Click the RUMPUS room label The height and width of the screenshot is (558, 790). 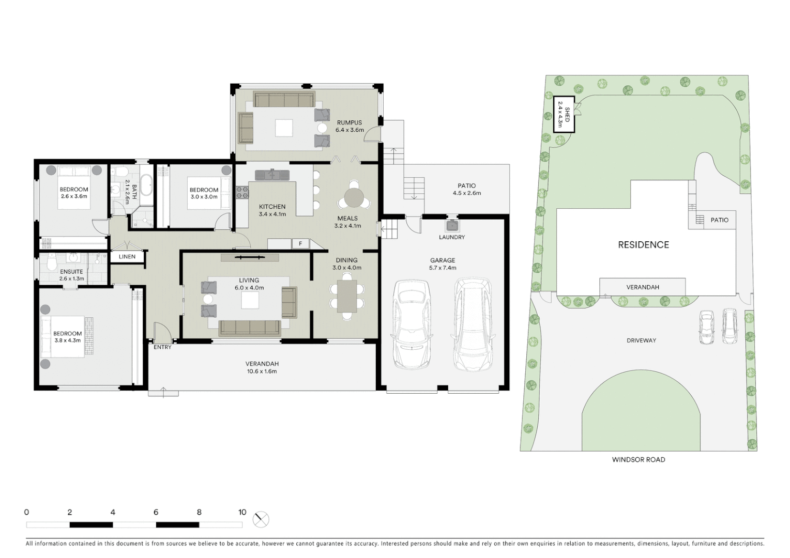coord(350,122)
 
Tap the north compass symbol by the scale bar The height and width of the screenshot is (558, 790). coord(261,519)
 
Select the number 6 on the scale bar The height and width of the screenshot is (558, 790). coord(156,513)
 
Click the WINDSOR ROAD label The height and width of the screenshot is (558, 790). coord(639,459)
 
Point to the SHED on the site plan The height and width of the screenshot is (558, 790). coord(564,115)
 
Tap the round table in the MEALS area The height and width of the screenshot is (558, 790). coord(355,197)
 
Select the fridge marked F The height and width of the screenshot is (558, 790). coord(300,244)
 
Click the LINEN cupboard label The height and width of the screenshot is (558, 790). coord(127,257)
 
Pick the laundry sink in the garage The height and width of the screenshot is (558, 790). coord(452,226)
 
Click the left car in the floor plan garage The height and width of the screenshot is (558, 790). coord(412,324)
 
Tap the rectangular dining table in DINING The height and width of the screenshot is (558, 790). coord(347,296)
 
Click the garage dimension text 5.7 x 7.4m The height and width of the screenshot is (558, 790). coord(443,268)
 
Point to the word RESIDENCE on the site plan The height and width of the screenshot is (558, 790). coord(643,245)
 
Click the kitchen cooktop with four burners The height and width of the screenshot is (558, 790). coord(242,193)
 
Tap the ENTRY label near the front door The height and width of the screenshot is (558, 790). coord(162,347)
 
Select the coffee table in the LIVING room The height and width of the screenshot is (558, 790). coord(250,300)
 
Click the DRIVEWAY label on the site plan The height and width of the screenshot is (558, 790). coord(641,340)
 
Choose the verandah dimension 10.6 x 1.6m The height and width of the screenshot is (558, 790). coord(262,371)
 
